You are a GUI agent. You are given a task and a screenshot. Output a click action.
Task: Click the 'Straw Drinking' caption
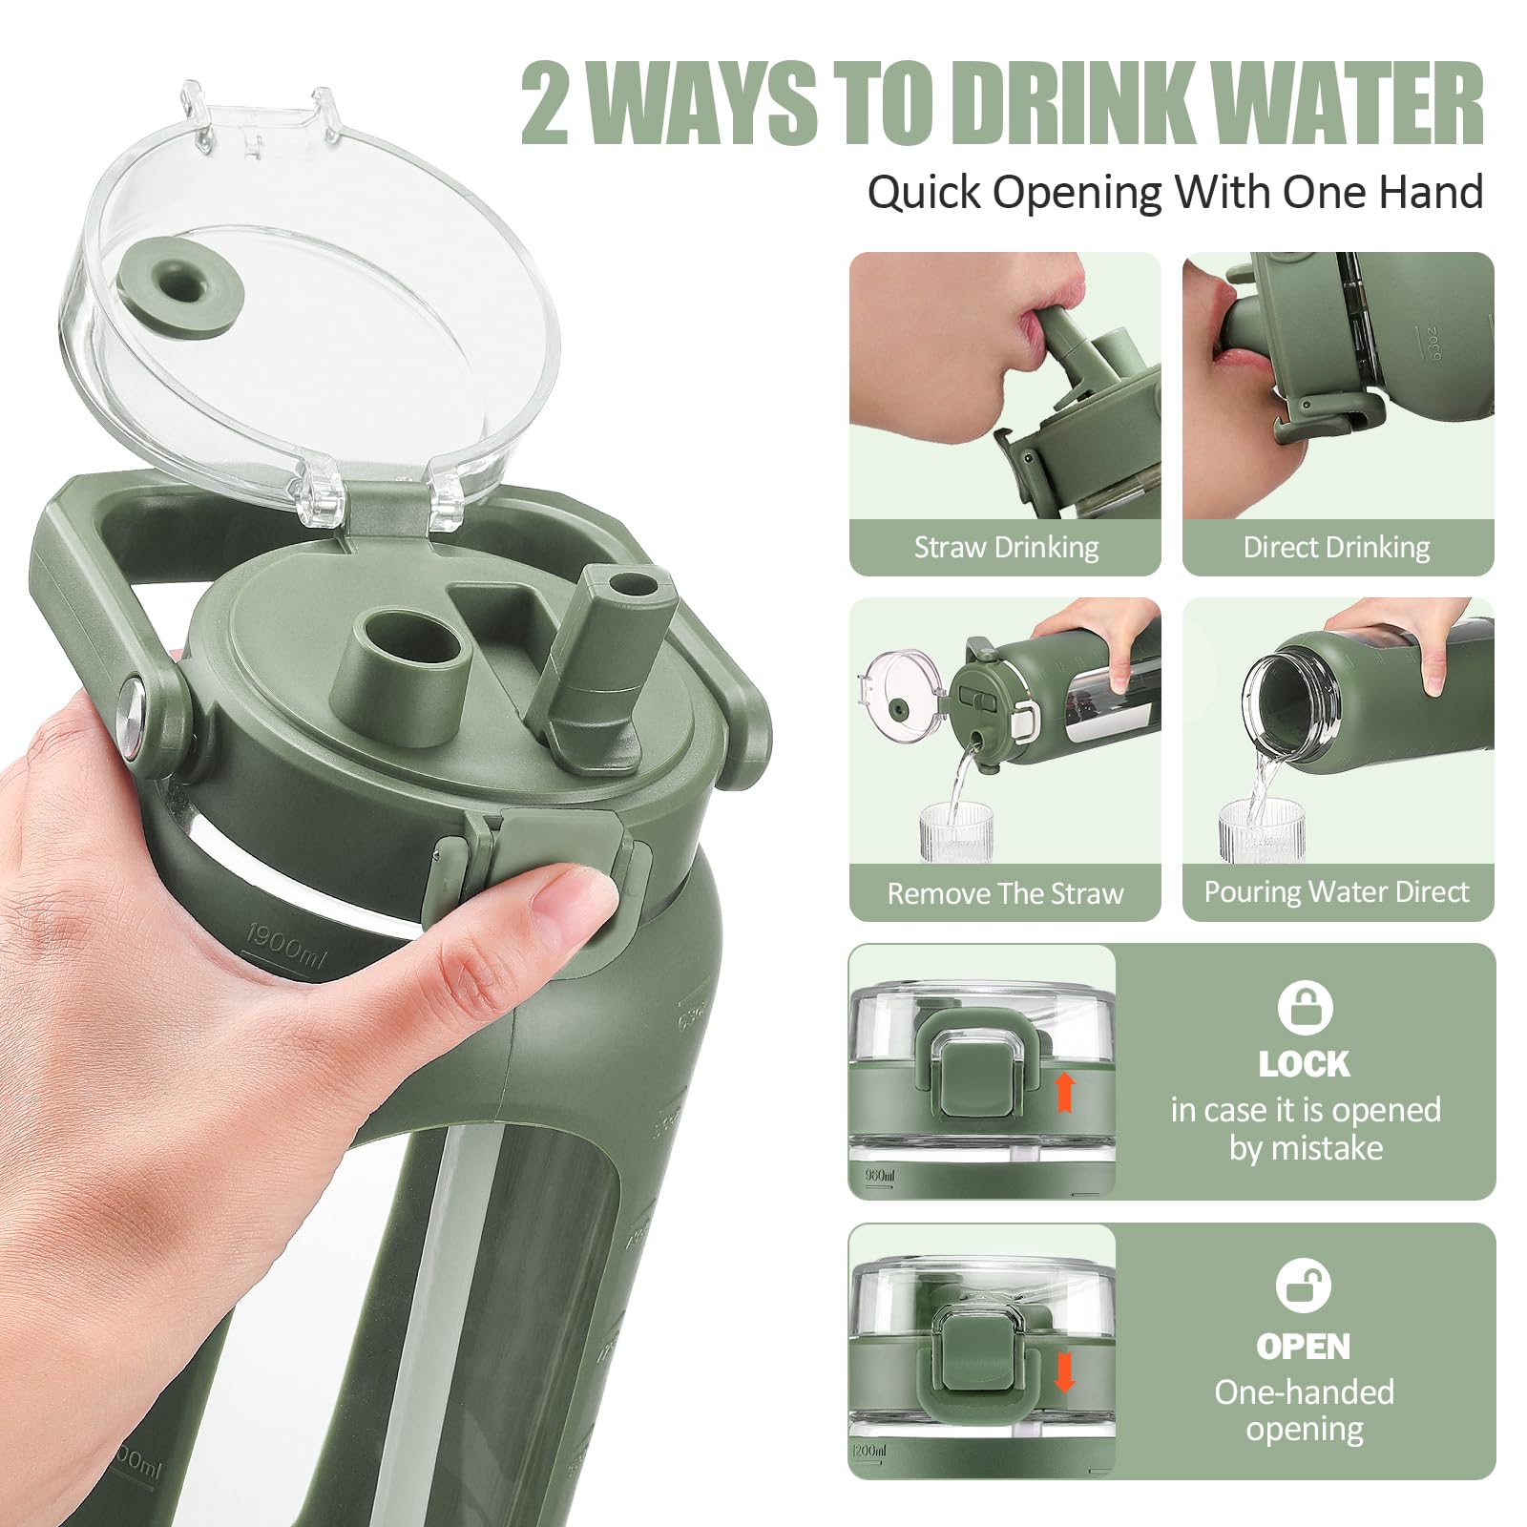tap(1006, 547)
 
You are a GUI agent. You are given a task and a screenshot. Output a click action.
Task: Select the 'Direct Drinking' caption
tap(1336, 547)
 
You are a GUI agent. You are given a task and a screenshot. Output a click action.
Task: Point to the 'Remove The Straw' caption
tap(1005, 893)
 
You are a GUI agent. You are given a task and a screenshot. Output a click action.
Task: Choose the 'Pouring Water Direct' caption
tap(1336, 891)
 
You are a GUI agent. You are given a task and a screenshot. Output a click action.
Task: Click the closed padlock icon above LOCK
tap(1305, 1007)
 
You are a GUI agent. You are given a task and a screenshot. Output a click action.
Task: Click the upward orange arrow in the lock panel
tap(1065, 1092)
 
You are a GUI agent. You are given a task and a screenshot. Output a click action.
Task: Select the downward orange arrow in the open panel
tap(1063, 1371)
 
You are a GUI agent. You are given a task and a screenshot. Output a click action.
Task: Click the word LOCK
tap(1304, 1064)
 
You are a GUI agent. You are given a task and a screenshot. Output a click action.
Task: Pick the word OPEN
tap(1304, 1347)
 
